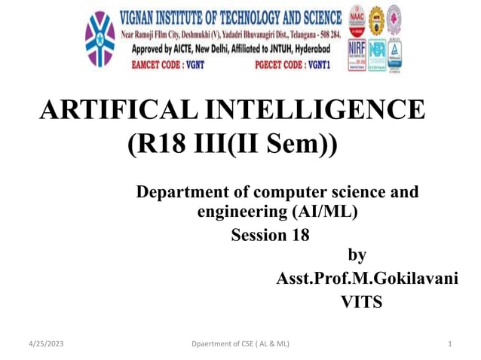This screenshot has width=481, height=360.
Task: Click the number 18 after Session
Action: pos(299,235)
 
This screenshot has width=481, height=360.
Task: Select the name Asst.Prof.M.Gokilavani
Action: pos(367,279)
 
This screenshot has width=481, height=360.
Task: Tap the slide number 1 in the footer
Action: pos(449,344)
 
